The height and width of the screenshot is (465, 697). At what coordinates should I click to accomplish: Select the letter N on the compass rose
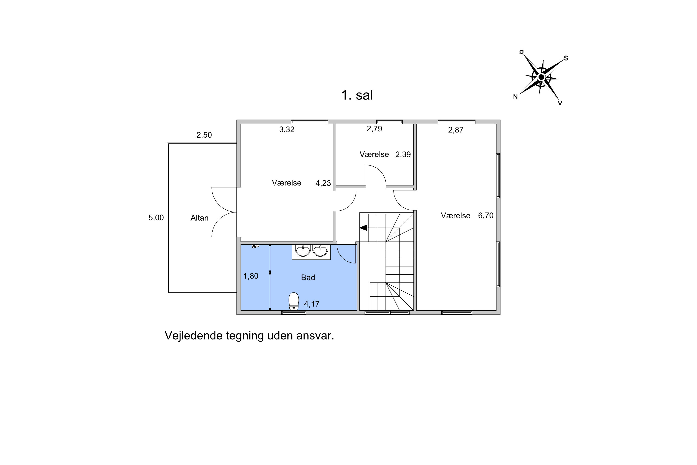516,97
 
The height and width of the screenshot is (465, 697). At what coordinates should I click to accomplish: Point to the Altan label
199,218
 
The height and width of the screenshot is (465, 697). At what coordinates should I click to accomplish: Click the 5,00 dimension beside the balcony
156,218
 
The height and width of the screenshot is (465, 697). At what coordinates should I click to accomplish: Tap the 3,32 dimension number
287,130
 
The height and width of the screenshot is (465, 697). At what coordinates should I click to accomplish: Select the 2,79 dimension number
374,129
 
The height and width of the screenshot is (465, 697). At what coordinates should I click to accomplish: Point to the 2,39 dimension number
403,155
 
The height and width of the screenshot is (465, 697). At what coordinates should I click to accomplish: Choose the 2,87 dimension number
456,130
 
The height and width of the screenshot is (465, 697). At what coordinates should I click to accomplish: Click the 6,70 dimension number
486,216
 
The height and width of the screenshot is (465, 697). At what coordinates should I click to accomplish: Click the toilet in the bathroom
294,301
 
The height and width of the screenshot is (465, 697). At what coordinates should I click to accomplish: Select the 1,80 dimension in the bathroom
251,276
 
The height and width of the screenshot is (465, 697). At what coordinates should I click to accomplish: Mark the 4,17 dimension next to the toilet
312,304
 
